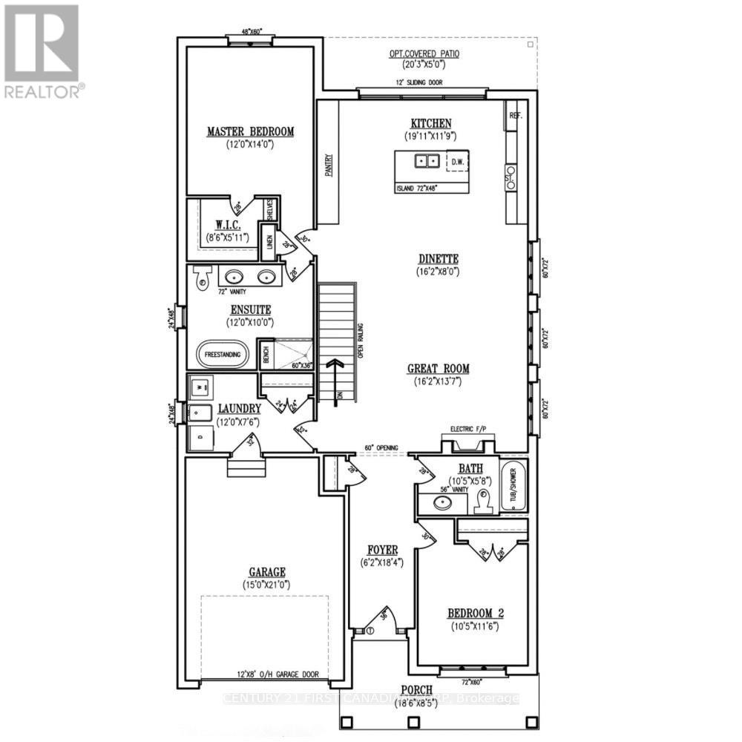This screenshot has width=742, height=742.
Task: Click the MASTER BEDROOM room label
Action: point(250,132)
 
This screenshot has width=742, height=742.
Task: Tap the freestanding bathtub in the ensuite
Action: point(223,355)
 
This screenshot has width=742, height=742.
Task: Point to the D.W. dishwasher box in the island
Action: point(457,160)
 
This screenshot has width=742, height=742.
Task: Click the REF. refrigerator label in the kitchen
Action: point(516,116)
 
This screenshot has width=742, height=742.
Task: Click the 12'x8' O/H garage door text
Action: point(279,674)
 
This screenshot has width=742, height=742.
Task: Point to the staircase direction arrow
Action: point(338,371)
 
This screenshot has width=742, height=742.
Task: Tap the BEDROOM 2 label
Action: point(475,613)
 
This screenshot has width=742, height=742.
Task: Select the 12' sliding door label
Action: point(419,82)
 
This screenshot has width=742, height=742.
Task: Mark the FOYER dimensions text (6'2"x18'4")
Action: point(378,562)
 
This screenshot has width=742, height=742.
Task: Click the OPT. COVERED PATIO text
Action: point(424,53)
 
